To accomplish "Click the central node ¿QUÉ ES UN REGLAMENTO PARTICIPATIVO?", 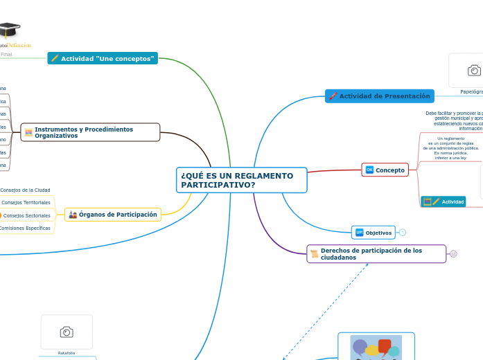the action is point(241,180).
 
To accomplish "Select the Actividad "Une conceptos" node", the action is point(103,59).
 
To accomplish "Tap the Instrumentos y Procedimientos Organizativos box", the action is point(90,132).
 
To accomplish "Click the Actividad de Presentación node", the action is point(380,96).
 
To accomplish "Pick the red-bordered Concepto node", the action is point(385,170).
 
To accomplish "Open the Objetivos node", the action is point(374,233).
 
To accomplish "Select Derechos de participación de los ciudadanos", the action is point(376,254).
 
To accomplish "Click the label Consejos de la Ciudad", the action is point(26,190).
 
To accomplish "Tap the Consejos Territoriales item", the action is point(26,202).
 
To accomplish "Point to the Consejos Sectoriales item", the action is point(26,215).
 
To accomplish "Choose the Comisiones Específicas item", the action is point(25,228).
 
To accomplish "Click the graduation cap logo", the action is point(8,31).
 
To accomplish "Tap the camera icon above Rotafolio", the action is point(67,332).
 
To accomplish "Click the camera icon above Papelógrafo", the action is point(474,71).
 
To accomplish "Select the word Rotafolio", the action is point(67,353).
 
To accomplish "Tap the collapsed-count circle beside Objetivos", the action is point(403,233).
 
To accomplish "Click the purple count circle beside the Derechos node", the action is point(453,254).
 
